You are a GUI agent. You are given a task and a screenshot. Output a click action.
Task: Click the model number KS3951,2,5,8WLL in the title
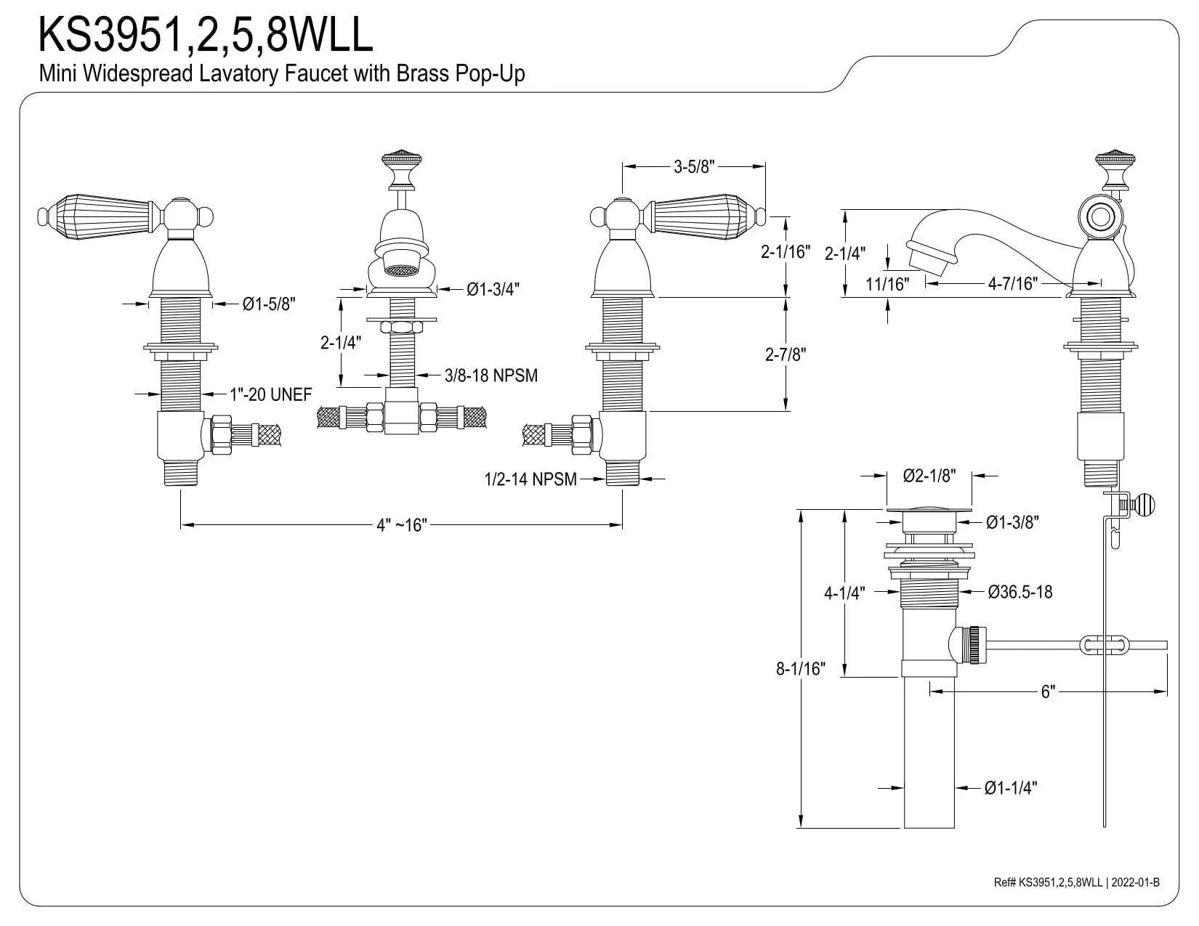coord(205,35)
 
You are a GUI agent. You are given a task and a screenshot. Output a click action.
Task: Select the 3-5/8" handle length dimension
coord(694,166)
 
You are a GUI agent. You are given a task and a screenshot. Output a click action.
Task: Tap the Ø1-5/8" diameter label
coord(270,304)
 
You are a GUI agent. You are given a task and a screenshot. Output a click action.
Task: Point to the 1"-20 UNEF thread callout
coord(270,394)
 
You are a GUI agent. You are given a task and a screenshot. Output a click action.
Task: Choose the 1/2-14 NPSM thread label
coord(530,479)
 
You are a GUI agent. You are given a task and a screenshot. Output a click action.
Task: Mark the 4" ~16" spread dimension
coord(400,524)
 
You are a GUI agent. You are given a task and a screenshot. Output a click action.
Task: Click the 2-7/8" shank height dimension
coord(786,354)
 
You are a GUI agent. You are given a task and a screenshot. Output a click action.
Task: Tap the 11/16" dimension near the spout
coord(887,284)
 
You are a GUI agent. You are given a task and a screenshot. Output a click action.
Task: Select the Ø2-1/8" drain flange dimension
coord(929,476)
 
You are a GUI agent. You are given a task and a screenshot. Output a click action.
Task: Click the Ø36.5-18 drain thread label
coord(1020,592)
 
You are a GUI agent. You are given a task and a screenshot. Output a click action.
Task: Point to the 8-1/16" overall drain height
coord(801,668)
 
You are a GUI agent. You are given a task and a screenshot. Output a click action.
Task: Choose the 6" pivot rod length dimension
coord(1047,691)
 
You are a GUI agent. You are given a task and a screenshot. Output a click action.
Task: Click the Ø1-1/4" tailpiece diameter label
coord(1011,787)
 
